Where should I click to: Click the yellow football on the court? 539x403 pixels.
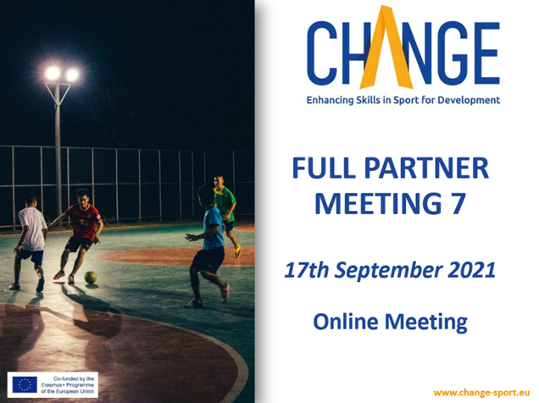click(91, 278)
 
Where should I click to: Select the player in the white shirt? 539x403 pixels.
click(31, 242)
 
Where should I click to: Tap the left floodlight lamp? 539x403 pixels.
click(53, 73)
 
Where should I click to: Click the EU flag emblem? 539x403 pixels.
click(25, 384)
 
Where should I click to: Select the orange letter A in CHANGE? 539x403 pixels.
click(386, 48)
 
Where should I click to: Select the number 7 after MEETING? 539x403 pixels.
click(458, 203)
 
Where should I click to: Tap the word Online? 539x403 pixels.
click(346, 322)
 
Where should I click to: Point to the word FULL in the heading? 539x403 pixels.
click(324, 168)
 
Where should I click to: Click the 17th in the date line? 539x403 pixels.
click(307, 270)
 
